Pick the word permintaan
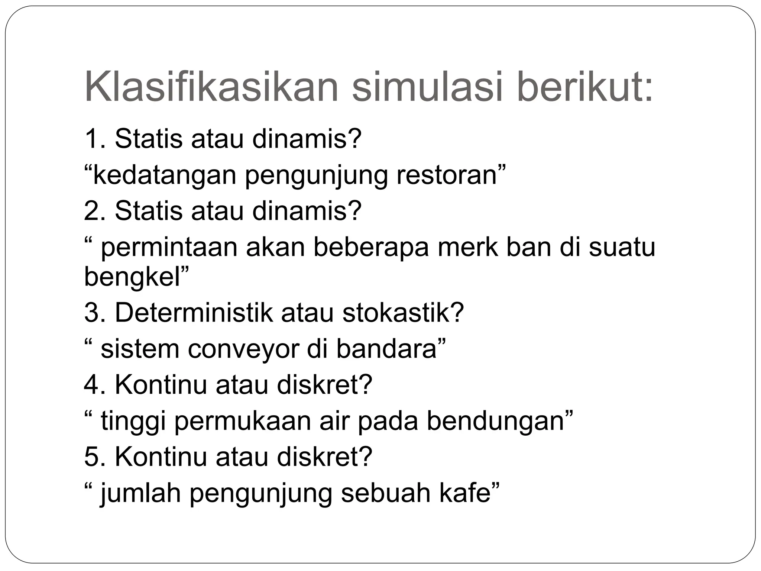(169, 248)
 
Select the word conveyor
(243, 349)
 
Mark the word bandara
(386, 349)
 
